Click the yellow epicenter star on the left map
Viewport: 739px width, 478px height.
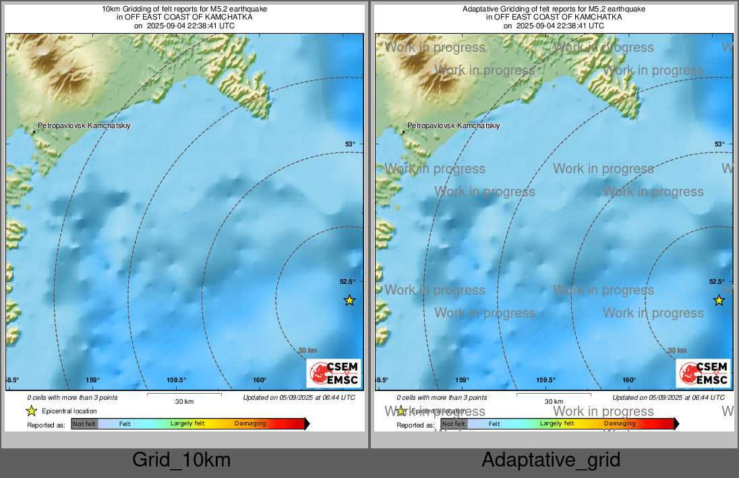click(x=349, y=300)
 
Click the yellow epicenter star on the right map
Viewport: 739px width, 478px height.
click(x=719, y=300)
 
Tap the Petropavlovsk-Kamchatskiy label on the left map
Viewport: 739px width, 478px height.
click(x=84, y=126)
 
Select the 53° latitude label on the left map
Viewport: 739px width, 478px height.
click(x=349, y=144)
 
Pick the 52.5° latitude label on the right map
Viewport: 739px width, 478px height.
click(x=717, y=282)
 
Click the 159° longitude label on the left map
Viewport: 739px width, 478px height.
click(x=92, y=380)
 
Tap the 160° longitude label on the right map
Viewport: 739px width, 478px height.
click(x=629, y=380)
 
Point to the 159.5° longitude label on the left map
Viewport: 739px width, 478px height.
click(x=176, y=380)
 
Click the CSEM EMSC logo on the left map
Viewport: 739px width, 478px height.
click(x=334, y=374)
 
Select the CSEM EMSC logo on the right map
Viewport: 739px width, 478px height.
click(x=703, y=374)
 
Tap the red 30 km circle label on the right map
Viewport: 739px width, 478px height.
click(x=677, y=351)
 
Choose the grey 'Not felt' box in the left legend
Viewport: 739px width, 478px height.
click(x=84, y=424)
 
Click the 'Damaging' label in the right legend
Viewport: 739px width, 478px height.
click(x=619, y=423)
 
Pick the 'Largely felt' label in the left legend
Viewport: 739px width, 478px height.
click(x=187, y=424)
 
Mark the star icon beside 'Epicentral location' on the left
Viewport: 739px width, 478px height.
click(x=31, y=411)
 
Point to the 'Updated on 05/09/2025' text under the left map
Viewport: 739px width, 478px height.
click(x=299, y=398)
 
